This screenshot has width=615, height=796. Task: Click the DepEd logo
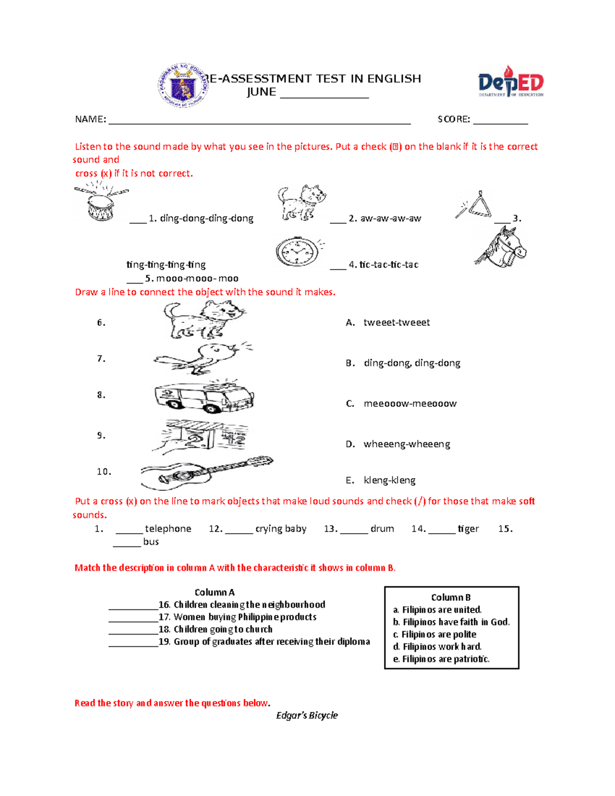pyautogui.click(x=510, y=82)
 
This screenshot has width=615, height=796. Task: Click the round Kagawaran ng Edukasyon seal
pyautogui.click(x=182, y=86)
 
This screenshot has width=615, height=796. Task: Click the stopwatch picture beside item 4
pyautogui.click(x=299, y=252)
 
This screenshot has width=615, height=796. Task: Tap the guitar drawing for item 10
pyautogui.click(x=206, y=472)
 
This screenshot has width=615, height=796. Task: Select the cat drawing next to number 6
pyautogui.click(x=204, y=319)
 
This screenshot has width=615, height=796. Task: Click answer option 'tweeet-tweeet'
pyautogui.click(x=396, y=322)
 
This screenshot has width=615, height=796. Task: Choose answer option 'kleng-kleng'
pyautogui.click(x=389, y=480)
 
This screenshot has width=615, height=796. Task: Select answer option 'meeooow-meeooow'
pyautogui.click(x=409, y=403)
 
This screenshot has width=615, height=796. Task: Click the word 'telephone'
pyautogui.click(x=168, y=528)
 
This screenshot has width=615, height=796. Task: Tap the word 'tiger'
pyautogui.click(x=468, y=528)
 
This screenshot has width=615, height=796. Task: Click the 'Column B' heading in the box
pyautogui.click(x=450, y=597)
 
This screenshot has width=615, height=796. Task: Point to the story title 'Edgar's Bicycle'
pyautogui.click(x=306, y=715)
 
